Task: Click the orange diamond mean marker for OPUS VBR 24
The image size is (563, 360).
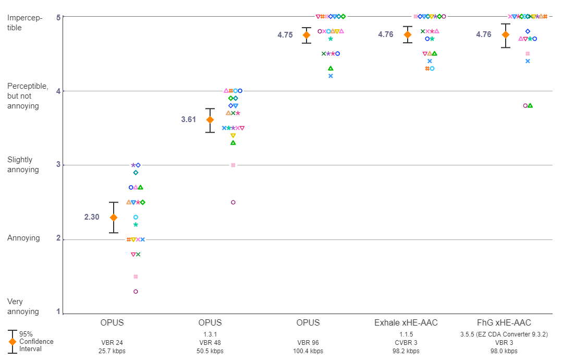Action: pyautogui.click(x=113, y=217)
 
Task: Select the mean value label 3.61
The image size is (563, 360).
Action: pyautogui.click(x=189, y=119)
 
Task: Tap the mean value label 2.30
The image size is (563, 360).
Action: pyautogui.click(x=92, y=217)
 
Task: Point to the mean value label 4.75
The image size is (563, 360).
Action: pyautogui.click(x=285, y=35)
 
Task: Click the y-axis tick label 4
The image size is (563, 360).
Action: pyautogui.click(x=59, y=91)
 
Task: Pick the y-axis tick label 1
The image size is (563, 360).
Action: pyautogui.click(x=59, y=313)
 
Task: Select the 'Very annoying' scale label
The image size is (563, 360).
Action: pyautogui.click(x=23, y=306)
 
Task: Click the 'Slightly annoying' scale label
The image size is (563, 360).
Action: pyautogui.click(x=23, y=164)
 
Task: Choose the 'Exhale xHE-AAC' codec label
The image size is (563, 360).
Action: pyautogui.click(x=406, y=323)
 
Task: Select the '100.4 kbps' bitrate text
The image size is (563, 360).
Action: pyautogui.click(x=308, y=351)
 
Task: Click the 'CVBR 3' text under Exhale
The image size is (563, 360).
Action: pyautogui.click(x=406, y=343)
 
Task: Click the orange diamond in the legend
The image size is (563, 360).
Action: pyautogui.click(x=12, y=341)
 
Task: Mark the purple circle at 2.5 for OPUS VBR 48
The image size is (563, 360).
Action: pyautogui.click(x=233, y=202)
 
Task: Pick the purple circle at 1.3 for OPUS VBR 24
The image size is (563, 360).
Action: pyautogui.click(x=136, y=291)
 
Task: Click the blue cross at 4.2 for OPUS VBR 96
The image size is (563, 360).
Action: pyautogui.click(x=331, y=76)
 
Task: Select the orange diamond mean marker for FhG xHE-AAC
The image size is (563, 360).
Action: pyautogui.click(x=505, y=34)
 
